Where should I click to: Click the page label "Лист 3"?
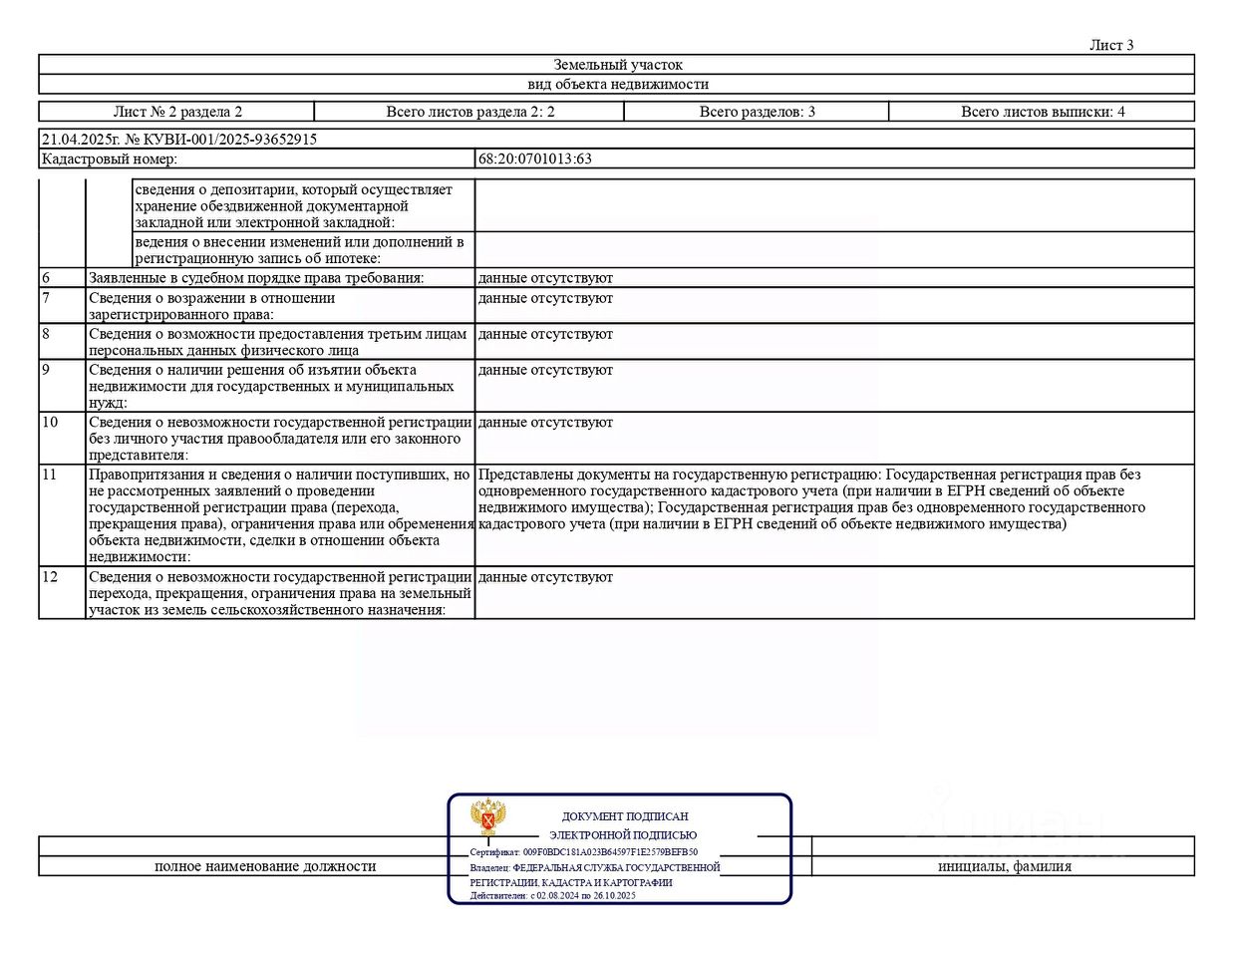1110,45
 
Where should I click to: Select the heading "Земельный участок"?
618,65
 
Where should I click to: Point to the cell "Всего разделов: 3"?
757,112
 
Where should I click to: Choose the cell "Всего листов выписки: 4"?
1042,112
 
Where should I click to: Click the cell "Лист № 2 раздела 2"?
177,112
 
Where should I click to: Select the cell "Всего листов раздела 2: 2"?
469,112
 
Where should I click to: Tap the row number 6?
46,278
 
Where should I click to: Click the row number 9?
46,370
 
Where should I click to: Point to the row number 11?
50,475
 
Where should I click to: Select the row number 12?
50,577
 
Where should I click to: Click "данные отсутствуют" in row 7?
545,298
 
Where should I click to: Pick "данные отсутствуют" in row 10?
545,423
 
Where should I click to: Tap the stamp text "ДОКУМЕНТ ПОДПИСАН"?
625,816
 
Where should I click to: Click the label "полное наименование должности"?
265,866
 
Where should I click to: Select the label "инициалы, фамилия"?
1004,866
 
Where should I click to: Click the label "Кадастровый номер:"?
110,159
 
